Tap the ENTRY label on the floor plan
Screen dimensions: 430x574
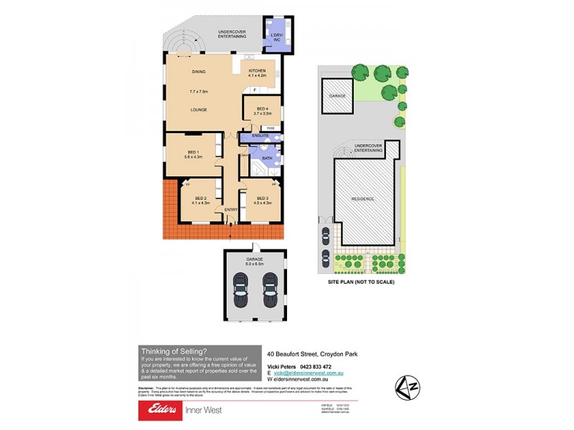pyautogui.click(x=231, y=209)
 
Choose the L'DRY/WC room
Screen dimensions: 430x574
pyautogui.click(x=276, y=37)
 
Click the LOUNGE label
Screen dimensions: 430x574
pyautogui.click(x=199, y=110)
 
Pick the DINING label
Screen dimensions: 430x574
pyautogui.click(x=199, y=72)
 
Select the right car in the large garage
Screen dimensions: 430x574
pyautogui.click(x=270, y=290)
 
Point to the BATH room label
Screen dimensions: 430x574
pyautogui.click(x=266, y=158)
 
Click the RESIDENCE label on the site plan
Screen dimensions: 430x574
pyautogui.click(x=364, y=199)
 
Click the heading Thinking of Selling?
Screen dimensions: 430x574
pyautogui.click(x=174, y=350)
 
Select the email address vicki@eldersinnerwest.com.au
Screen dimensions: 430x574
pyautogui.click(x=309, y=373)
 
